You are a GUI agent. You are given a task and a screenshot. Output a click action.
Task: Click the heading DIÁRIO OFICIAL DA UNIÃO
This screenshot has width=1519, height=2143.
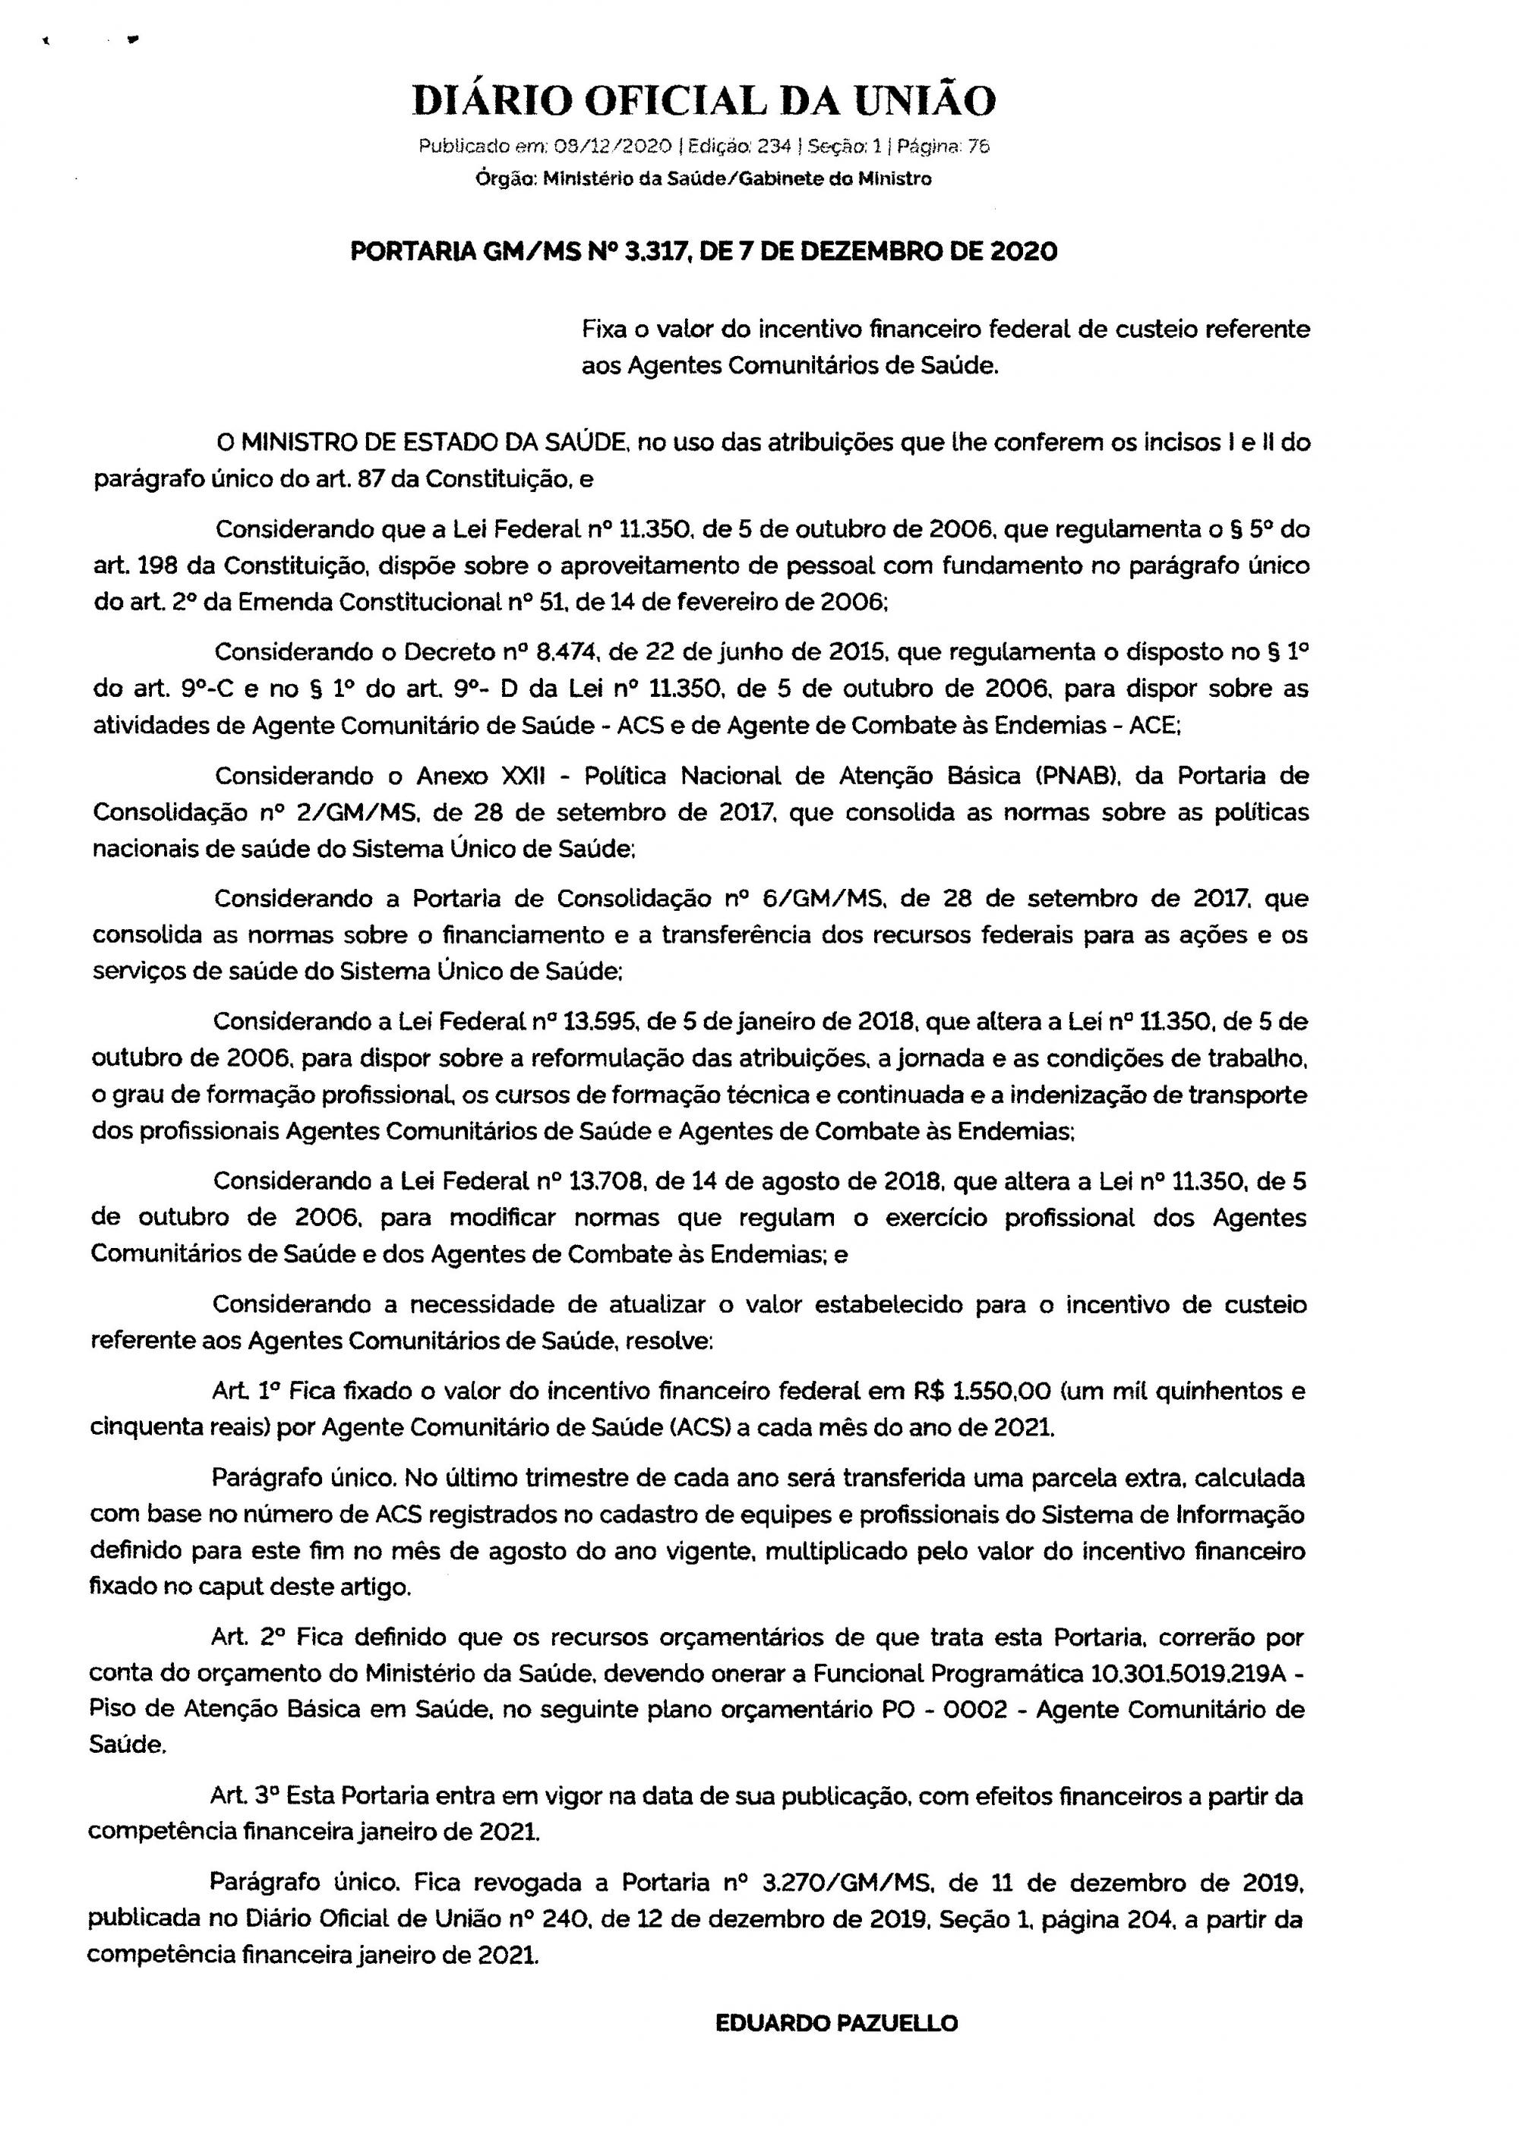(x=703, y=101)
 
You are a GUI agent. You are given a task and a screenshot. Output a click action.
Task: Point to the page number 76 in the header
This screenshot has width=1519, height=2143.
(x=978, y=147)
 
